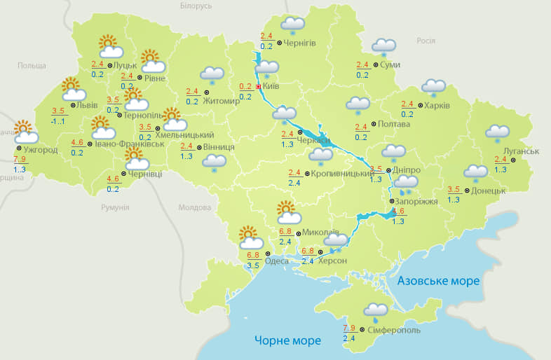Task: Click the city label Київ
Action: pyautogui.click(x=271, y=87)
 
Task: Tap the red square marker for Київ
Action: pyautogui.click(x=259, y=87)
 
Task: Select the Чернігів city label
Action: pyautogui.click(x=300, y=43)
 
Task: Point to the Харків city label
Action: pyautogui.click(x=437, y=106)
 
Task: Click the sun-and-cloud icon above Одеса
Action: pyautogui.click(x=249, y=235)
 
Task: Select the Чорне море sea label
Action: pyautogui.click(x=287, y=340)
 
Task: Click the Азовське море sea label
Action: pyautogui.click(x=438, y=281)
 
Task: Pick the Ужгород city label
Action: pyautogui.click(x=41, y=149)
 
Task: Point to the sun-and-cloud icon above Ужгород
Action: pyautogui.click(x=25, y=131)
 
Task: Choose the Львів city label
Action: pyautogui.click(x=88, y=105)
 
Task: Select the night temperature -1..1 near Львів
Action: pyautogui.click(x=58, y=121)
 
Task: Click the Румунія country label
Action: pyautogui.click(x=115, y=207)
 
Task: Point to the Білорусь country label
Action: pyautogui.click(x=196, y=6)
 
